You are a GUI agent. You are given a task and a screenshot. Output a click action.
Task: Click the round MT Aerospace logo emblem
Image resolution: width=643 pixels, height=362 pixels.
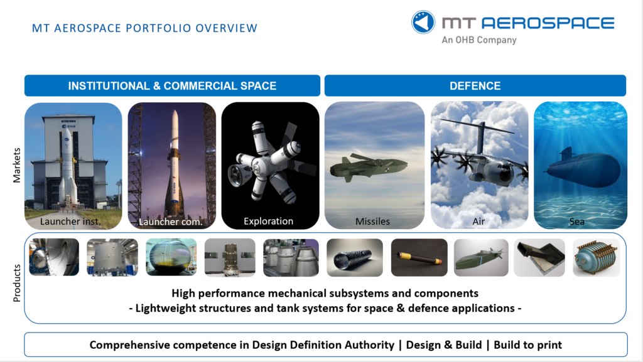423,22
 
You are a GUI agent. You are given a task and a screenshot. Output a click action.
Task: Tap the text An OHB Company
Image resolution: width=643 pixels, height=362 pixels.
479,40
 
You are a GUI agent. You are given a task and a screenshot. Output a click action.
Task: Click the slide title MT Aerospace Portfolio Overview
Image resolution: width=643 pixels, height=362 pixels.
145,28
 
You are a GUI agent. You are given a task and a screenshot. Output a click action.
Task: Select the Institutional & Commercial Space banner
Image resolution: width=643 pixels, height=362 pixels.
172,85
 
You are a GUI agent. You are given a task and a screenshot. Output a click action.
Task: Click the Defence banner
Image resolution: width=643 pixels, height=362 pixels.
475,85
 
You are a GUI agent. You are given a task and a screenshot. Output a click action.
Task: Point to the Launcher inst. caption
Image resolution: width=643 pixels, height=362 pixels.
70,221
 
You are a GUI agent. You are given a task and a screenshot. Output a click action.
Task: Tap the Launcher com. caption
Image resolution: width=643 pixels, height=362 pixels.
171,222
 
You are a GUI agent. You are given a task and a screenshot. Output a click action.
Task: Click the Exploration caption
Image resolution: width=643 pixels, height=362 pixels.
269,221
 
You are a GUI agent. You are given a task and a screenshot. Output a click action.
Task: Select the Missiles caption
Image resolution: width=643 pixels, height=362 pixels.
373,221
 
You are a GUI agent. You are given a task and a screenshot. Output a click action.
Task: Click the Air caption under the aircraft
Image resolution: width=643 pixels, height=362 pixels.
478,221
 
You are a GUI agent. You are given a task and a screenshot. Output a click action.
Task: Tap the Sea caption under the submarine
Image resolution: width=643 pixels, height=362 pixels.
576,221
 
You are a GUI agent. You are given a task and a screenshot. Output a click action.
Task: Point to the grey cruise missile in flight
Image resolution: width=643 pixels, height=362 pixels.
368,167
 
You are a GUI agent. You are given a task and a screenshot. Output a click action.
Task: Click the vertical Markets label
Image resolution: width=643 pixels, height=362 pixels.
16,165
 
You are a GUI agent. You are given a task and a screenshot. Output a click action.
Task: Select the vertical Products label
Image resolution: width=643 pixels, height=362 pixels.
16,283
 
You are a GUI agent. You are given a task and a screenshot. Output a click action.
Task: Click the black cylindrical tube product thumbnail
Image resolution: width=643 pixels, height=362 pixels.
355,258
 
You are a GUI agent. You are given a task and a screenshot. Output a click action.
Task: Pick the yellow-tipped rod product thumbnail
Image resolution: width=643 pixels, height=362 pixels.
419,258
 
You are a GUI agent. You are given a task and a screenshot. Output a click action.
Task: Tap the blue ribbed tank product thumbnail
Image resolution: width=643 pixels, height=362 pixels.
597,258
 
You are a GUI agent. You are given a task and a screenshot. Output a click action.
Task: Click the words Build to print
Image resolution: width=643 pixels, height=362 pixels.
527,345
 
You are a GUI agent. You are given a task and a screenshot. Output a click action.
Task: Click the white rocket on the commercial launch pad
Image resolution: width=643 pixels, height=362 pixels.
175,164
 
